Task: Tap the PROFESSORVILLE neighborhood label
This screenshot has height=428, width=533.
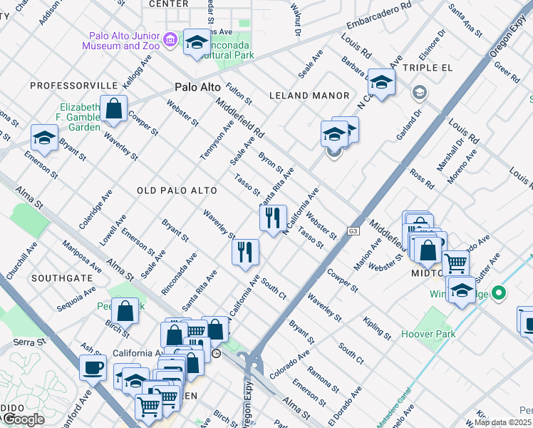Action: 73,86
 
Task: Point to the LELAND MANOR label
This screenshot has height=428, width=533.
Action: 309,96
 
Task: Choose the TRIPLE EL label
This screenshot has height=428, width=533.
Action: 428,68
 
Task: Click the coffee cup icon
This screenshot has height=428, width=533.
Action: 93,368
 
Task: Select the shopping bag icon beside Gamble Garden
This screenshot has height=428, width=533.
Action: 114,109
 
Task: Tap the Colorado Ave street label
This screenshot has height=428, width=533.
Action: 289,364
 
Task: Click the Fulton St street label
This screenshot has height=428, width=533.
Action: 239,93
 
